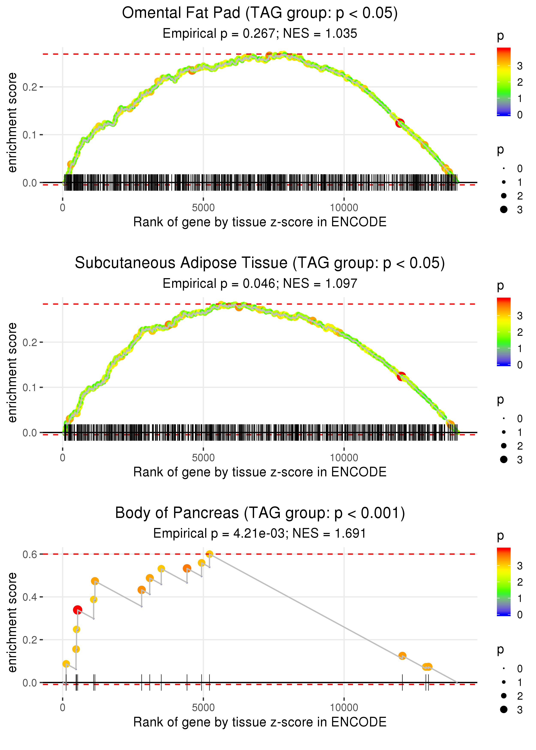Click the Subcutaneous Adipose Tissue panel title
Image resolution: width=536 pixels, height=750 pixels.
point(260,263)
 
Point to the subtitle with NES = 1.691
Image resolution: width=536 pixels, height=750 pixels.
point(260,533)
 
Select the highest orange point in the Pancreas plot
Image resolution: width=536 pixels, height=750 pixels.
point(209,554)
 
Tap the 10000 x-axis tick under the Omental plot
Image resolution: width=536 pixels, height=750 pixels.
point(344,208)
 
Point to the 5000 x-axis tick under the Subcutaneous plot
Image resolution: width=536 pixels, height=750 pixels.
point(203,458)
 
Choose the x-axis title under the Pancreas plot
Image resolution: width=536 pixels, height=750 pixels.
point(260,722)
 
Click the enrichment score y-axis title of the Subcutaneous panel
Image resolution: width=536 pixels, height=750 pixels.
point(12,372)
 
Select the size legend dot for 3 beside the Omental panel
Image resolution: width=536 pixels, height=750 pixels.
point(504,209)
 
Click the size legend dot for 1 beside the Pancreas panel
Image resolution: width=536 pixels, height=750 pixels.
point(504,682)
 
